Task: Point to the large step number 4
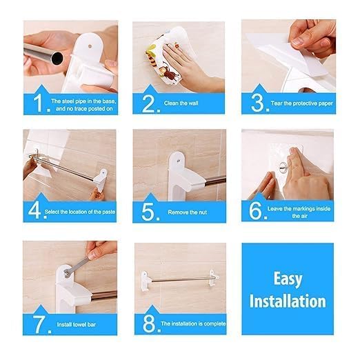pyautogui.click(x=34, y=210)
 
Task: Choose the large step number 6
pyautogui.click(x=257, y=210)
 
